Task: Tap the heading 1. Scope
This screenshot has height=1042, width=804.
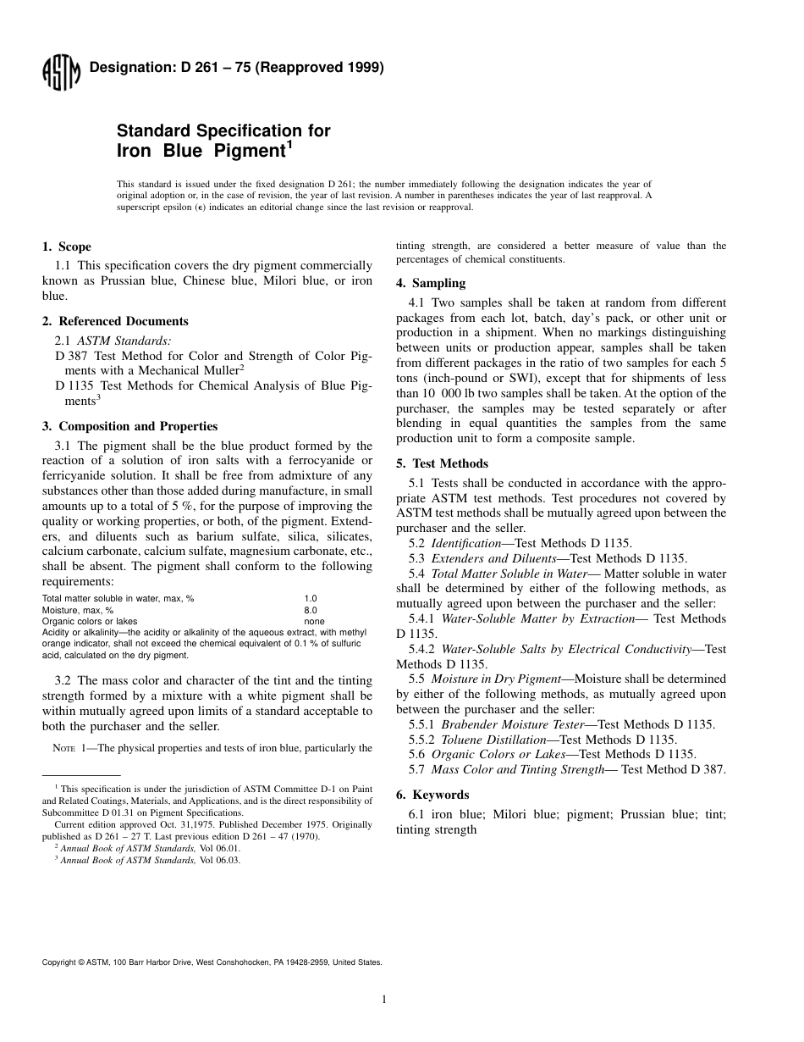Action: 67,247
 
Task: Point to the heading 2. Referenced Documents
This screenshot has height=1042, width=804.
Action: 115,321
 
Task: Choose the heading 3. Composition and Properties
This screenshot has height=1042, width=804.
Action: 129,426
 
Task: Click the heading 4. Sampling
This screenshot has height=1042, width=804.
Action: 431,283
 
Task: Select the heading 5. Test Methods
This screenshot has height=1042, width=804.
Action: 442,463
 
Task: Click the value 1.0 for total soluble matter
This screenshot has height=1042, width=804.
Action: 311,598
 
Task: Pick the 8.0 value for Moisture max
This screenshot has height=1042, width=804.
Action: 311,610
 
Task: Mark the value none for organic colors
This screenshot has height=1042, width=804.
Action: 314,621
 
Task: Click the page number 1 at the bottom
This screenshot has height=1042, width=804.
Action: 383,1000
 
